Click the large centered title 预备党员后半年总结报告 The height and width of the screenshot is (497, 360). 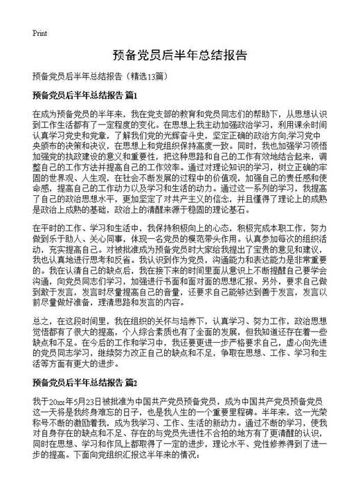179,55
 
